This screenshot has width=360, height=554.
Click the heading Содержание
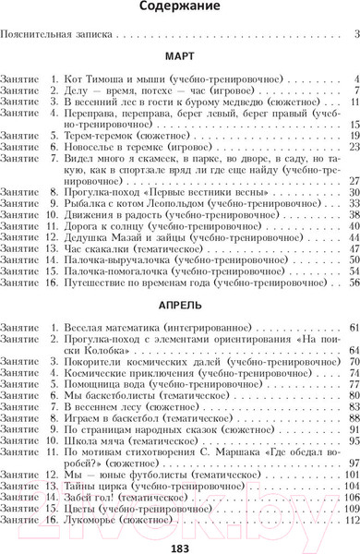[180, 8]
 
